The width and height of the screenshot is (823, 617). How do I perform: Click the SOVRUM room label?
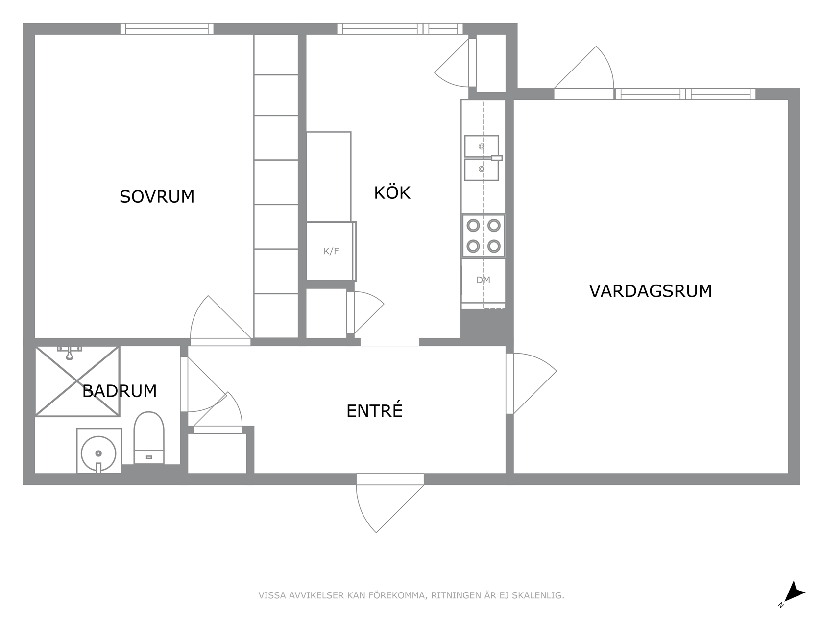click(x=157, y=197)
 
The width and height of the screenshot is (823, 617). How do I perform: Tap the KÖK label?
click(x=392, y=192)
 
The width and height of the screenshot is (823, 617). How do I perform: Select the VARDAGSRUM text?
click(x=651, y=291)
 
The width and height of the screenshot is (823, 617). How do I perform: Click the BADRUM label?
click(x=119, y=391)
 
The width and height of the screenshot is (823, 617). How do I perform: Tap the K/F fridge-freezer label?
click(x=331, y=251)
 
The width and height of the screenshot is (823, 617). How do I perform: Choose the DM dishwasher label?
click(x=484, y=280)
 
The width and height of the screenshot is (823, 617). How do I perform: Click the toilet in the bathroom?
click(x=149, y=438)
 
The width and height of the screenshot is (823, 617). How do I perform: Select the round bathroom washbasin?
click(x=98, y=453)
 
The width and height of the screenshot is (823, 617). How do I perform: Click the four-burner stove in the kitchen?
click(x=484, y=236)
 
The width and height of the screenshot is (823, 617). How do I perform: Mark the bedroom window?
click(x=167, y=28)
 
